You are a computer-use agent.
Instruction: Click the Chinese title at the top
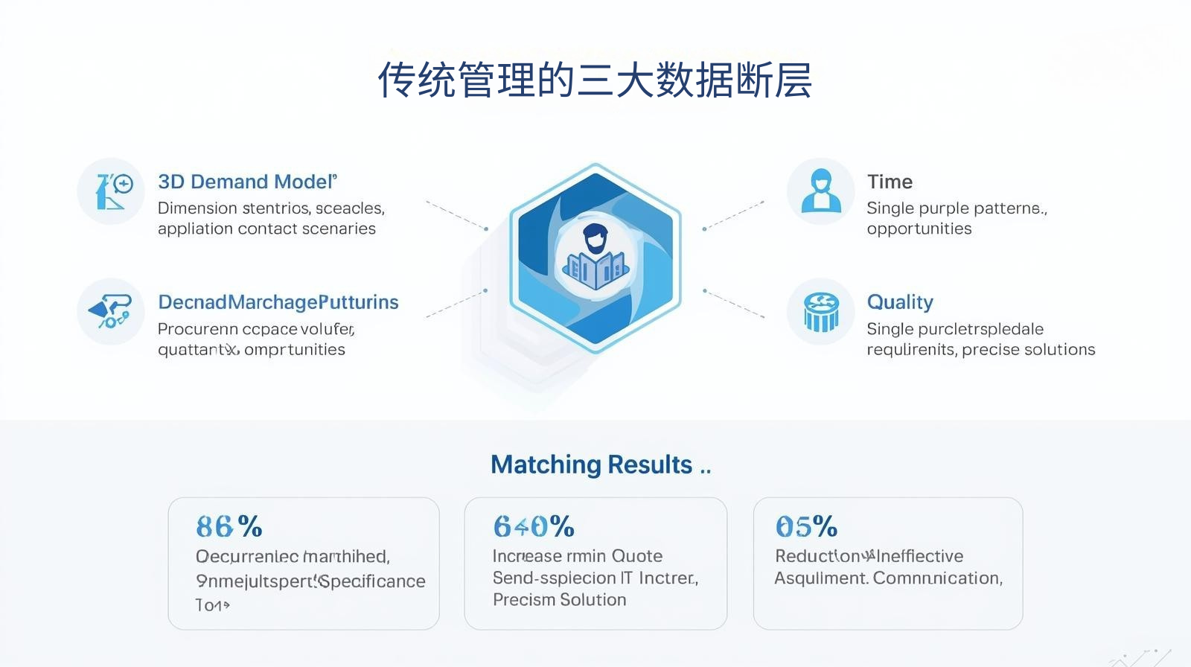(595, 80)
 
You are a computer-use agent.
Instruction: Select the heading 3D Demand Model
(247, 182)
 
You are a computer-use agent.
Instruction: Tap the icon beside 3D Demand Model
(111, 191)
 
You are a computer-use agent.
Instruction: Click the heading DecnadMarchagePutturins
(278, 302)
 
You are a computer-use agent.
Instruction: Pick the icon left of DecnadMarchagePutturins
(111, 311)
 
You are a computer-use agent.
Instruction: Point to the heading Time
(890, 182)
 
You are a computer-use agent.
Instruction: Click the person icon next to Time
(820, 191)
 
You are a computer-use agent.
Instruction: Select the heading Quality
(900, 302)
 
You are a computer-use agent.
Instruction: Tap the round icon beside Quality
(820, 311)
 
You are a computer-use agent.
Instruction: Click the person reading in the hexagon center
(595, 257)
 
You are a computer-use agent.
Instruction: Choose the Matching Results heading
(592, 465)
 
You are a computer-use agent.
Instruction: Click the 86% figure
(229, 527)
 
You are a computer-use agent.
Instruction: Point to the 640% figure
(534, 527)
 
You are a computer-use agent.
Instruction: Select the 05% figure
(806, 527)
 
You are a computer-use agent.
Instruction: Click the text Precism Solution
(559, 600)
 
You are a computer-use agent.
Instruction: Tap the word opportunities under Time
(919, 229)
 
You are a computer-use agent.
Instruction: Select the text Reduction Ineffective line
(869, 556)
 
